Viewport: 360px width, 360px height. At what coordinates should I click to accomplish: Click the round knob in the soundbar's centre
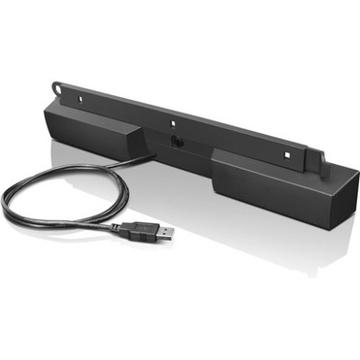pyautogui.click(x=177, y=143)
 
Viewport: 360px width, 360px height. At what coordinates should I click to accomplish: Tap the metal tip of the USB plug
pyautogui.click(x=166, y=232)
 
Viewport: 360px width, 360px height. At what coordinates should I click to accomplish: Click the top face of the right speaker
pyautogui.click(x=272, y=161)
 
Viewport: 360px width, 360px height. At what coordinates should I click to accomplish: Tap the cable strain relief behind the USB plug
pyautogui.click(x=118, y=228)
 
